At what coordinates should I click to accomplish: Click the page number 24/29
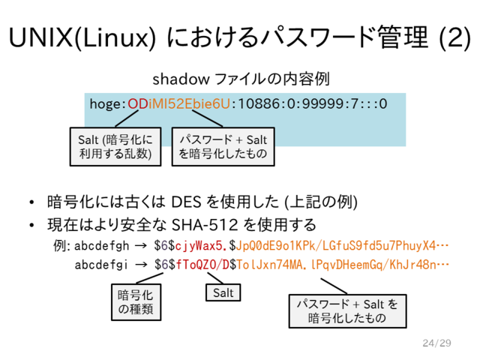[x=436, y=343]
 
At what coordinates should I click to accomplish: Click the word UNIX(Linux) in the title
[x=82, y=37]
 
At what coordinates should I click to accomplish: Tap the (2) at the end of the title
[x=454, y=37]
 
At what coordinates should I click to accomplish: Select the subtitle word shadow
[x=181, y=79]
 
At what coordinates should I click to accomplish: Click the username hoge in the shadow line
[x=105, y=104]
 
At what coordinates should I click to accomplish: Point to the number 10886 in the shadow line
[x=256, y=103]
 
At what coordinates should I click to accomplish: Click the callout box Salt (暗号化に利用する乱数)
[x=115, y=147]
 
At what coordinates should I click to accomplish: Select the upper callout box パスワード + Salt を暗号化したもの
[x=223, y=147]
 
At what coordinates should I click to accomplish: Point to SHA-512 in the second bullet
[x=204, y=225]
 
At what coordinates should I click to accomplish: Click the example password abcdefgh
[x=102, y=246]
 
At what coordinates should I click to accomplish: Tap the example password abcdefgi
[x=101, y=265]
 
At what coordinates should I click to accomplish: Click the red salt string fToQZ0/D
[x=202, y=265]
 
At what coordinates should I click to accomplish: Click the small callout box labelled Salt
[x=223, y=293]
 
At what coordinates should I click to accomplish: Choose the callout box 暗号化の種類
[x=136, y=302]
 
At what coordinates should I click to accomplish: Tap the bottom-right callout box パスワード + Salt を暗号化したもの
[x=348, y=311]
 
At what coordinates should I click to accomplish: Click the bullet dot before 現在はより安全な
[x=31, y=225]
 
